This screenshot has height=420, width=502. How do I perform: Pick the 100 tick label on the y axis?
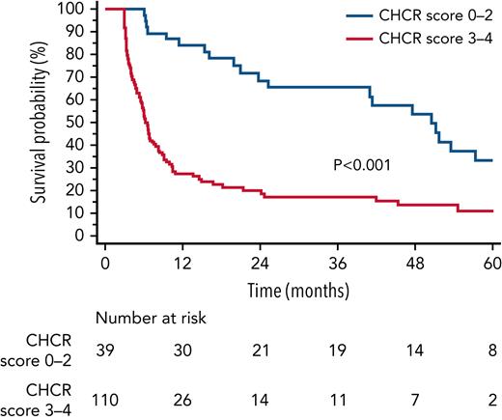76,9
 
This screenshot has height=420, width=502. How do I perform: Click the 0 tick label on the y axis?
84,235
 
